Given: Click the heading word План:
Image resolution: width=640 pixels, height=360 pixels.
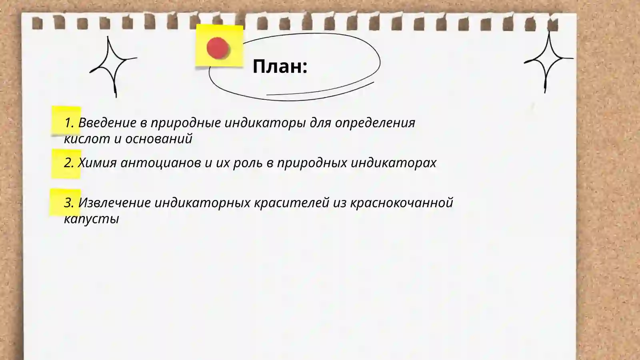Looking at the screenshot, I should [280, 66].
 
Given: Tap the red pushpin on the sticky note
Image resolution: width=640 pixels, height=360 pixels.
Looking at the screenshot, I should [218, 48].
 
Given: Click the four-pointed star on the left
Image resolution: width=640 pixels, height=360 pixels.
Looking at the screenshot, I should [112, 66].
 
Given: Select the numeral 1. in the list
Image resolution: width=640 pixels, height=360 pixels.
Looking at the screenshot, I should [69, 123].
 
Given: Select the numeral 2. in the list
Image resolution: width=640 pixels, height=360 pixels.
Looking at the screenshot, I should [69, 163].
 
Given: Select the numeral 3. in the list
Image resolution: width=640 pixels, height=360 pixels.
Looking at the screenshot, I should [69, 203].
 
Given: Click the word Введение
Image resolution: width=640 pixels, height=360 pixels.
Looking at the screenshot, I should [107, 123].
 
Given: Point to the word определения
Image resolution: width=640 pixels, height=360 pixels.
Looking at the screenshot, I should [375, 123].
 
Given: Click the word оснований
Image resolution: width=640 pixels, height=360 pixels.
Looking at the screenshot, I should [159, 139].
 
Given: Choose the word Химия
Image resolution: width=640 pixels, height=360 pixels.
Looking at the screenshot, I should [97, 163].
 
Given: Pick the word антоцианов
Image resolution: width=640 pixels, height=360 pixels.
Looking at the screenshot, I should [161, 163].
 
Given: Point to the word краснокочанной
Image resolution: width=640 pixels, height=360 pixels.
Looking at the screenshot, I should [402, 203].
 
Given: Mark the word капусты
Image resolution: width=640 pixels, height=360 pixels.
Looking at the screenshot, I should [92, 219].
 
